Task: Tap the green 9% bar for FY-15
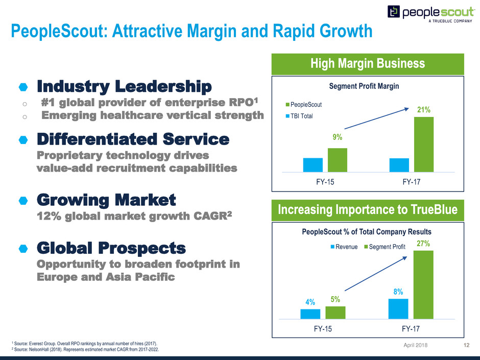[338, 160]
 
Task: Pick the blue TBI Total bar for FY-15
[313, 165]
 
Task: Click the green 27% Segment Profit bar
[423, 284]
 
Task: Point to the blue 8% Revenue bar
[398, 308]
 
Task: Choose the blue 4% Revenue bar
[310, 313]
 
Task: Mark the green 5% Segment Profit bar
[335, 312]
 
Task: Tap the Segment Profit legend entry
[384, 247]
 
